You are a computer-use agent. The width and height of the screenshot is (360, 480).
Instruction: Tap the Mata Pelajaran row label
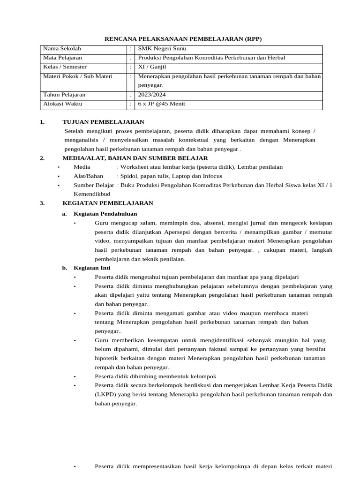coord(62,58)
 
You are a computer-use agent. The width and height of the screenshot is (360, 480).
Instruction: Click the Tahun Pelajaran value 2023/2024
coord(152,95)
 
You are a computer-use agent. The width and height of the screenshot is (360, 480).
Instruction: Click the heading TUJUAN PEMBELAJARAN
coord(97,122)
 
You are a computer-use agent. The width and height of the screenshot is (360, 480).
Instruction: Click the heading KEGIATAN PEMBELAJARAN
coord(108,203)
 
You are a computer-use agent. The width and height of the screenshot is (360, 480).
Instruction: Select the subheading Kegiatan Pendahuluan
coord(105,214)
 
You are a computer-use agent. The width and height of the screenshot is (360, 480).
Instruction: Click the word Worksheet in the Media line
coord(135,167)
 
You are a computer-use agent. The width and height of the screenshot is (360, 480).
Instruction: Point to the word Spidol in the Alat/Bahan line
coord(129,176)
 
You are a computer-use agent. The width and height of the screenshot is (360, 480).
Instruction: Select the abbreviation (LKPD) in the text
coord(105,394)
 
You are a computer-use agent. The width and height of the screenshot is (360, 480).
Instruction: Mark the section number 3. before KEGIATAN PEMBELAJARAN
coord(42,203)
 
